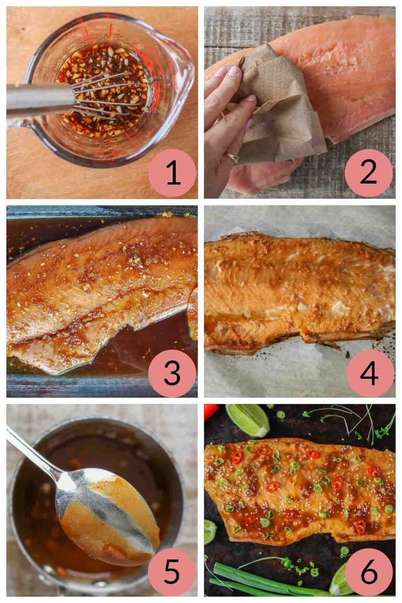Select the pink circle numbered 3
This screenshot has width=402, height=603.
[172, 373]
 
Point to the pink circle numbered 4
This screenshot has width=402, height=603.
[368, 373]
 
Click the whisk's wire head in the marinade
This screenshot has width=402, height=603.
[107, 97]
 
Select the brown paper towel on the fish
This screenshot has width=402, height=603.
[277, 115]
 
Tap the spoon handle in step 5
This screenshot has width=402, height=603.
[31, 450]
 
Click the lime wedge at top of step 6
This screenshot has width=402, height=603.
[248, 419]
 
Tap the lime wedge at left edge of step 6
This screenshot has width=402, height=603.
[209, 531]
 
